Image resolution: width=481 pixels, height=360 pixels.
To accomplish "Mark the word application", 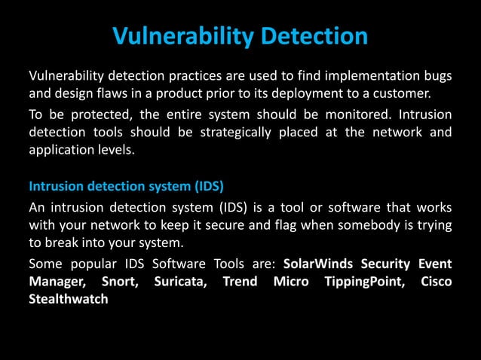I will pyautogui.click(x=61, y=151).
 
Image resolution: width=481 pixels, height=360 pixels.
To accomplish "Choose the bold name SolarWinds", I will pyautogui.click(x=318, y=264).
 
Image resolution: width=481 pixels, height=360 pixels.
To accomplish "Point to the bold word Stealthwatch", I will pyautogui.click(x=68, y=300).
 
